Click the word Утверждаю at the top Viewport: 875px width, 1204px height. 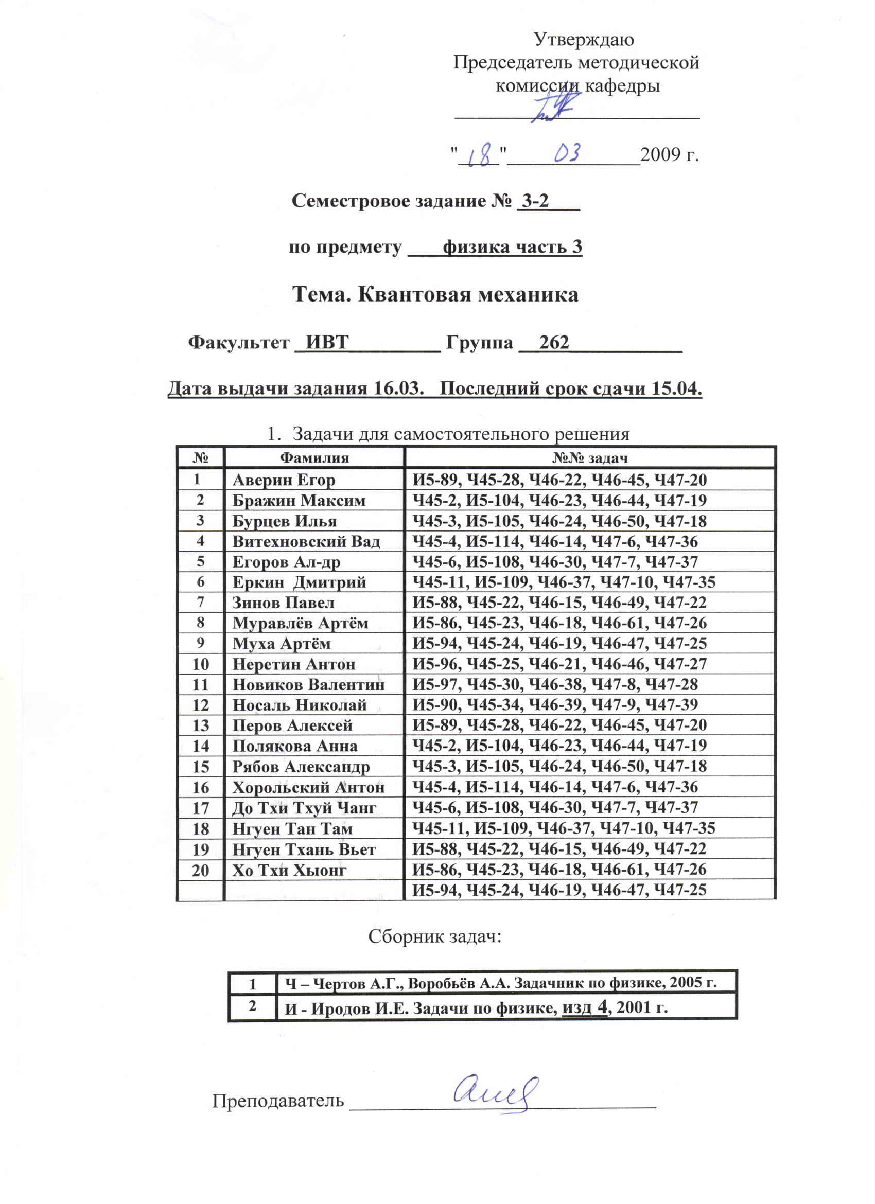tap(583, 39)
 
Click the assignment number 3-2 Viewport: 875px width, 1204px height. tap(535, 201)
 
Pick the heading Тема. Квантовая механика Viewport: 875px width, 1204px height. tap(435, 294)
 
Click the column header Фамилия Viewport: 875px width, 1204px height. tap(314, 457)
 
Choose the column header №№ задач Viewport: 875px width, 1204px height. tap(590, 457)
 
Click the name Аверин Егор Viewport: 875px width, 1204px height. tap(284, 480)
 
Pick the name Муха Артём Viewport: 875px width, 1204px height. tap(282, 643)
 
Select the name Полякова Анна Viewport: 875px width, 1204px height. tap(295, 746)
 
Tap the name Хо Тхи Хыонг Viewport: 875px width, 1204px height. tap(289, 870)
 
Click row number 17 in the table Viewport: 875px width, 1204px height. tap(200, 808)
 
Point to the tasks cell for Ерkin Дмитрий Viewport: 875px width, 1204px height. tap(564, 582)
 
